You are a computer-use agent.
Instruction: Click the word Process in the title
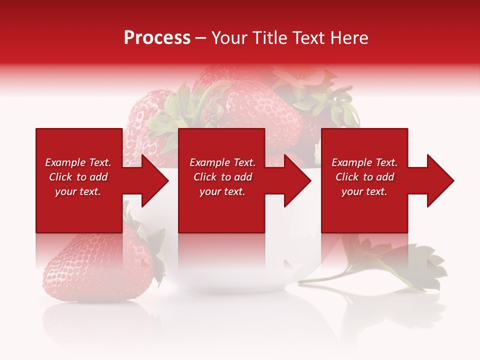[157, 38]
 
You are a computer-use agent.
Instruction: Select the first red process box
[79, 210]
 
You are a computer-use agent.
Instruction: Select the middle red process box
[221, 210]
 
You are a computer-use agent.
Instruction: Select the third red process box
[364, 210]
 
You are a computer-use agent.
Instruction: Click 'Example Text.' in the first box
[78, 162]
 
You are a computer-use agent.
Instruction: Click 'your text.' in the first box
[78, 191]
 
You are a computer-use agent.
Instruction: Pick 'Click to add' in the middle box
[222, 177]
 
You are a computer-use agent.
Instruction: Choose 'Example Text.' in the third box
[364, 162]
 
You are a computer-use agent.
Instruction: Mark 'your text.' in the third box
[364, 191]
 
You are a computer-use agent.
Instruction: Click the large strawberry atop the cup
[260, 110]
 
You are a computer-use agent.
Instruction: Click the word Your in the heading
[229, 38]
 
